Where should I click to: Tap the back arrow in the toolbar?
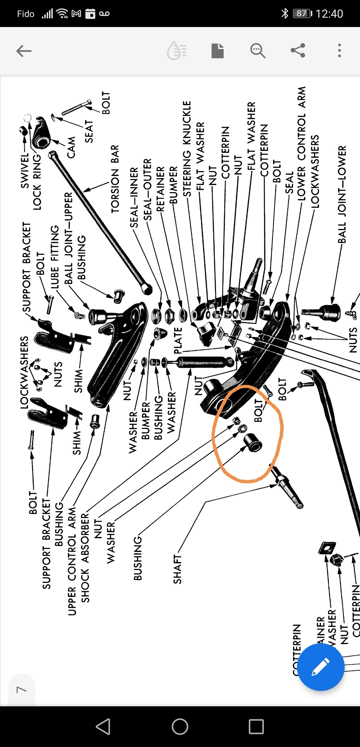[24, 51]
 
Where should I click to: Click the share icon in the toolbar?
[298, 51]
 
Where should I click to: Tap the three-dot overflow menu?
[339, 51]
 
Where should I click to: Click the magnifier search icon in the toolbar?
[258, 51]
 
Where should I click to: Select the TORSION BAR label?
[115, 179]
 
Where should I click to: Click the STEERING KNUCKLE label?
[187, 149]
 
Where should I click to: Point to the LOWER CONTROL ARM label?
[302, 144]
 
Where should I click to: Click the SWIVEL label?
[25, 170]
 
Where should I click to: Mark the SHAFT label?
[177, 569]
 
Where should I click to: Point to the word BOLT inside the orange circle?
[259, 411]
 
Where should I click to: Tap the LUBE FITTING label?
[55, 257]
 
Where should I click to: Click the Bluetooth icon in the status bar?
[285, 13]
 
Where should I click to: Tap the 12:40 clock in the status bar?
[329, 14]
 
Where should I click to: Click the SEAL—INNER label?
[134, 197]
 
